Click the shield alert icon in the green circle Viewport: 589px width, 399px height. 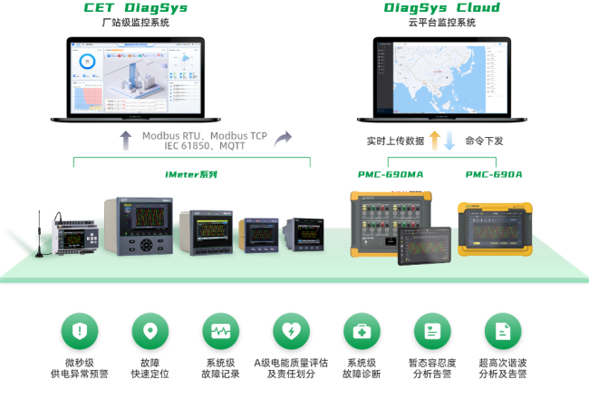click(80, 331)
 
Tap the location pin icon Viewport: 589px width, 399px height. click(150, 331)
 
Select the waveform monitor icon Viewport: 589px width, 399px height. click(221, 331)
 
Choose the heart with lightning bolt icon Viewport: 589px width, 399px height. click(292, 331)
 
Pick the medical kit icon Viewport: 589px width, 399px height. click(362, 331)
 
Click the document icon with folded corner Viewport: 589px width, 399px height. click(504, 331)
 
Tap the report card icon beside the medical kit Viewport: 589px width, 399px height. click(433, 331)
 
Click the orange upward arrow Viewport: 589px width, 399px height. click(434, 140)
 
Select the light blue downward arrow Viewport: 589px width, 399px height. click(449, 140)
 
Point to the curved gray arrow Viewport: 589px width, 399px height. click(283, 140)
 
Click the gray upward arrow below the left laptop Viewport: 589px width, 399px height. click(126, 140)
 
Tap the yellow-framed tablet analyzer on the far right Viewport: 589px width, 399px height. click(495, 228)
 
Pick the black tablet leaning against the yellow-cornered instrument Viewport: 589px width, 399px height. click(423, 244)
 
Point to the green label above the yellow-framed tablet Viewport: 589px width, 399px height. click(494, 174)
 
